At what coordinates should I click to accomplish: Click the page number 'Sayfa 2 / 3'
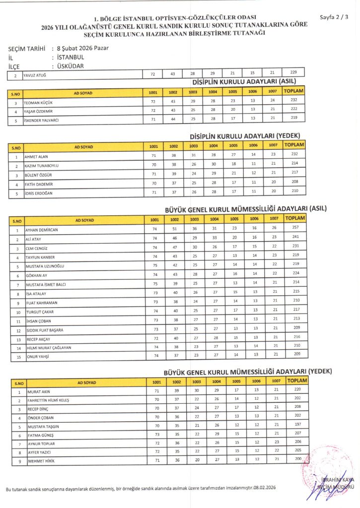click(333, 16)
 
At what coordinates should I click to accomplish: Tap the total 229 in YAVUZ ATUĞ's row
click(293, 74)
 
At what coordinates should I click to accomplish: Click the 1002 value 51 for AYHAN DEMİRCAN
click(173, 229)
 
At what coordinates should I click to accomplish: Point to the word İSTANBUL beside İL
click(71, 57)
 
